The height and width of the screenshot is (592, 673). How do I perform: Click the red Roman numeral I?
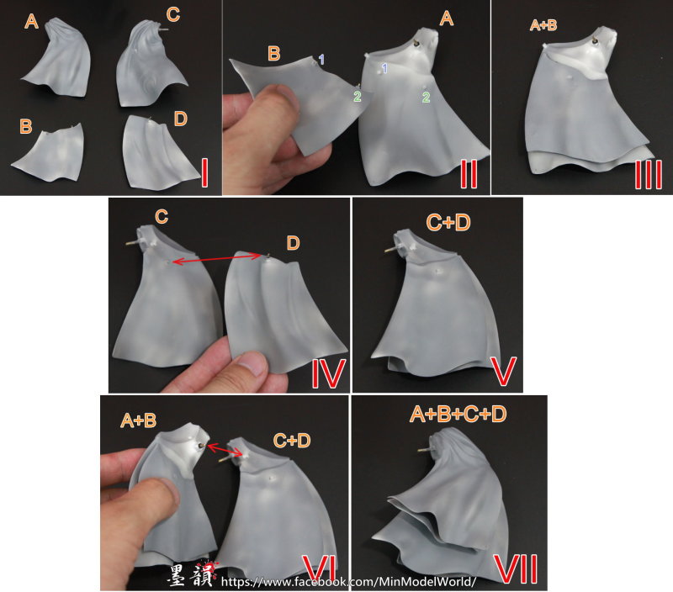click(204, 172)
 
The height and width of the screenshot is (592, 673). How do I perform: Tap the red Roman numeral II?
click(469, 174)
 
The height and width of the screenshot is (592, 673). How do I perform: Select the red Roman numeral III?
click(648, 175)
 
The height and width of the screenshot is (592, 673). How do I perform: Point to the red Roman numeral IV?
click(328, 373)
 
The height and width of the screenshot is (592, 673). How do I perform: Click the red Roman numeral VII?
click(516, 568)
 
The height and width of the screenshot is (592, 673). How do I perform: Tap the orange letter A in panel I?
click(31, 21)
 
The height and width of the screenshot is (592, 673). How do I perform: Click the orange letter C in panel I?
click(173, 14)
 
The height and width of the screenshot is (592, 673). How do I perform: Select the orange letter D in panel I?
click(181, 119)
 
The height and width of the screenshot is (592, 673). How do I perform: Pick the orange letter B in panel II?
click(274, 54)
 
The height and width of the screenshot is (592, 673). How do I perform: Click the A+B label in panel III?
click(543, 25)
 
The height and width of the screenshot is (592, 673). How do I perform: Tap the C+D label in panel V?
click(448, 223)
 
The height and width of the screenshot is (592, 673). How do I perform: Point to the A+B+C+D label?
click(458, 415)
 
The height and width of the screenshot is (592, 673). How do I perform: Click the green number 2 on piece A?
click(426, 97)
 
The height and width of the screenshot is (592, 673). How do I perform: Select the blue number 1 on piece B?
click(321, 59)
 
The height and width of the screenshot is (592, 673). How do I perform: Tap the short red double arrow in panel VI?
click(225, 451)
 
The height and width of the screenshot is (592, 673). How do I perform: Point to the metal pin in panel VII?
click(425, 450)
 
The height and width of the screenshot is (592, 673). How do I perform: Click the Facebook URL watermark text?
click(348, 582)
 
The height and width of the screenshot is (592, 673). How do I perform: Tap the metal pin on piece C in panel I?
click(163, 29)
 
